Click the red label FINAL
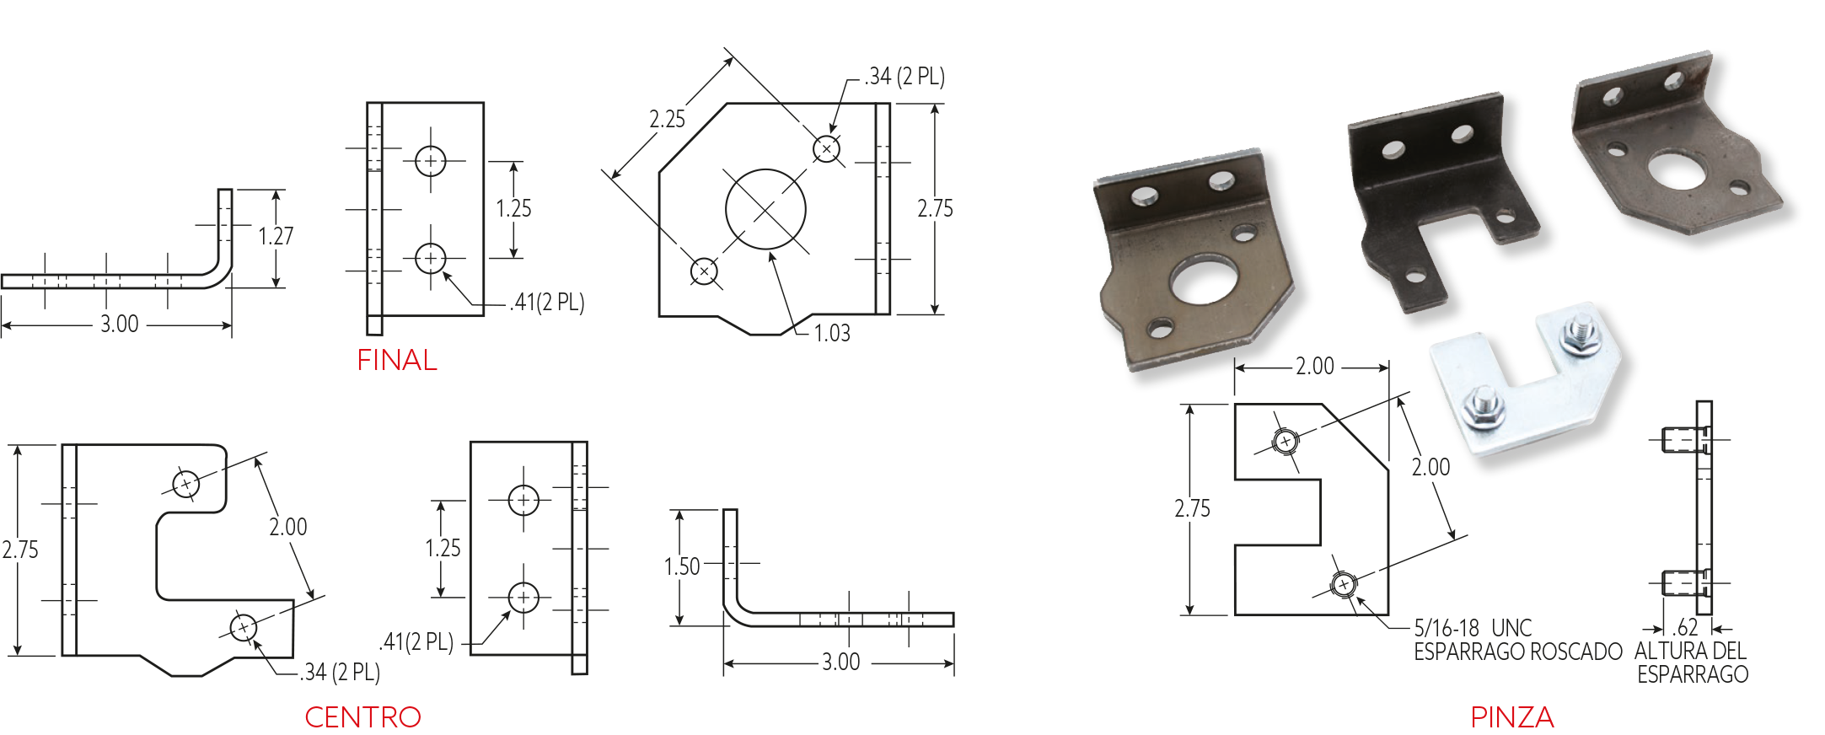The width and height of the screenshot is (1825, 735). coord(396,360)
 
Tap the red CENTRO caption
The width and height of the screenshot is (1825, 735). coord(362,717)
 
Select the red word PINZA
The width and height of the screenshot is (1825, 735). coord(1511,717)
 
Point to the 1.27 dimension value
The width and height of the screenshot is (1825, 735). coord(276,236)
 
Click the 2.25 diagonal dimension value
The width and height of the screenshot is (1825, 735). coord(667,119)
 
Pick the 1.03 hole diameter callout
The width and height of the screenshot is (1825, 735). coord(832,333)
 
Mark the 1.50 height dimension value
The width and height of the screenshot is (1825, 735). coord(682,566)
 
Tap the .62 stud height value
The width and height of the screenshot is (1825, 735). coord(1685,627)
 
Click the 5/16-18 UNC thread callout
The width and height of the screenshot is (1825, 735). coord(1472,628)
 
